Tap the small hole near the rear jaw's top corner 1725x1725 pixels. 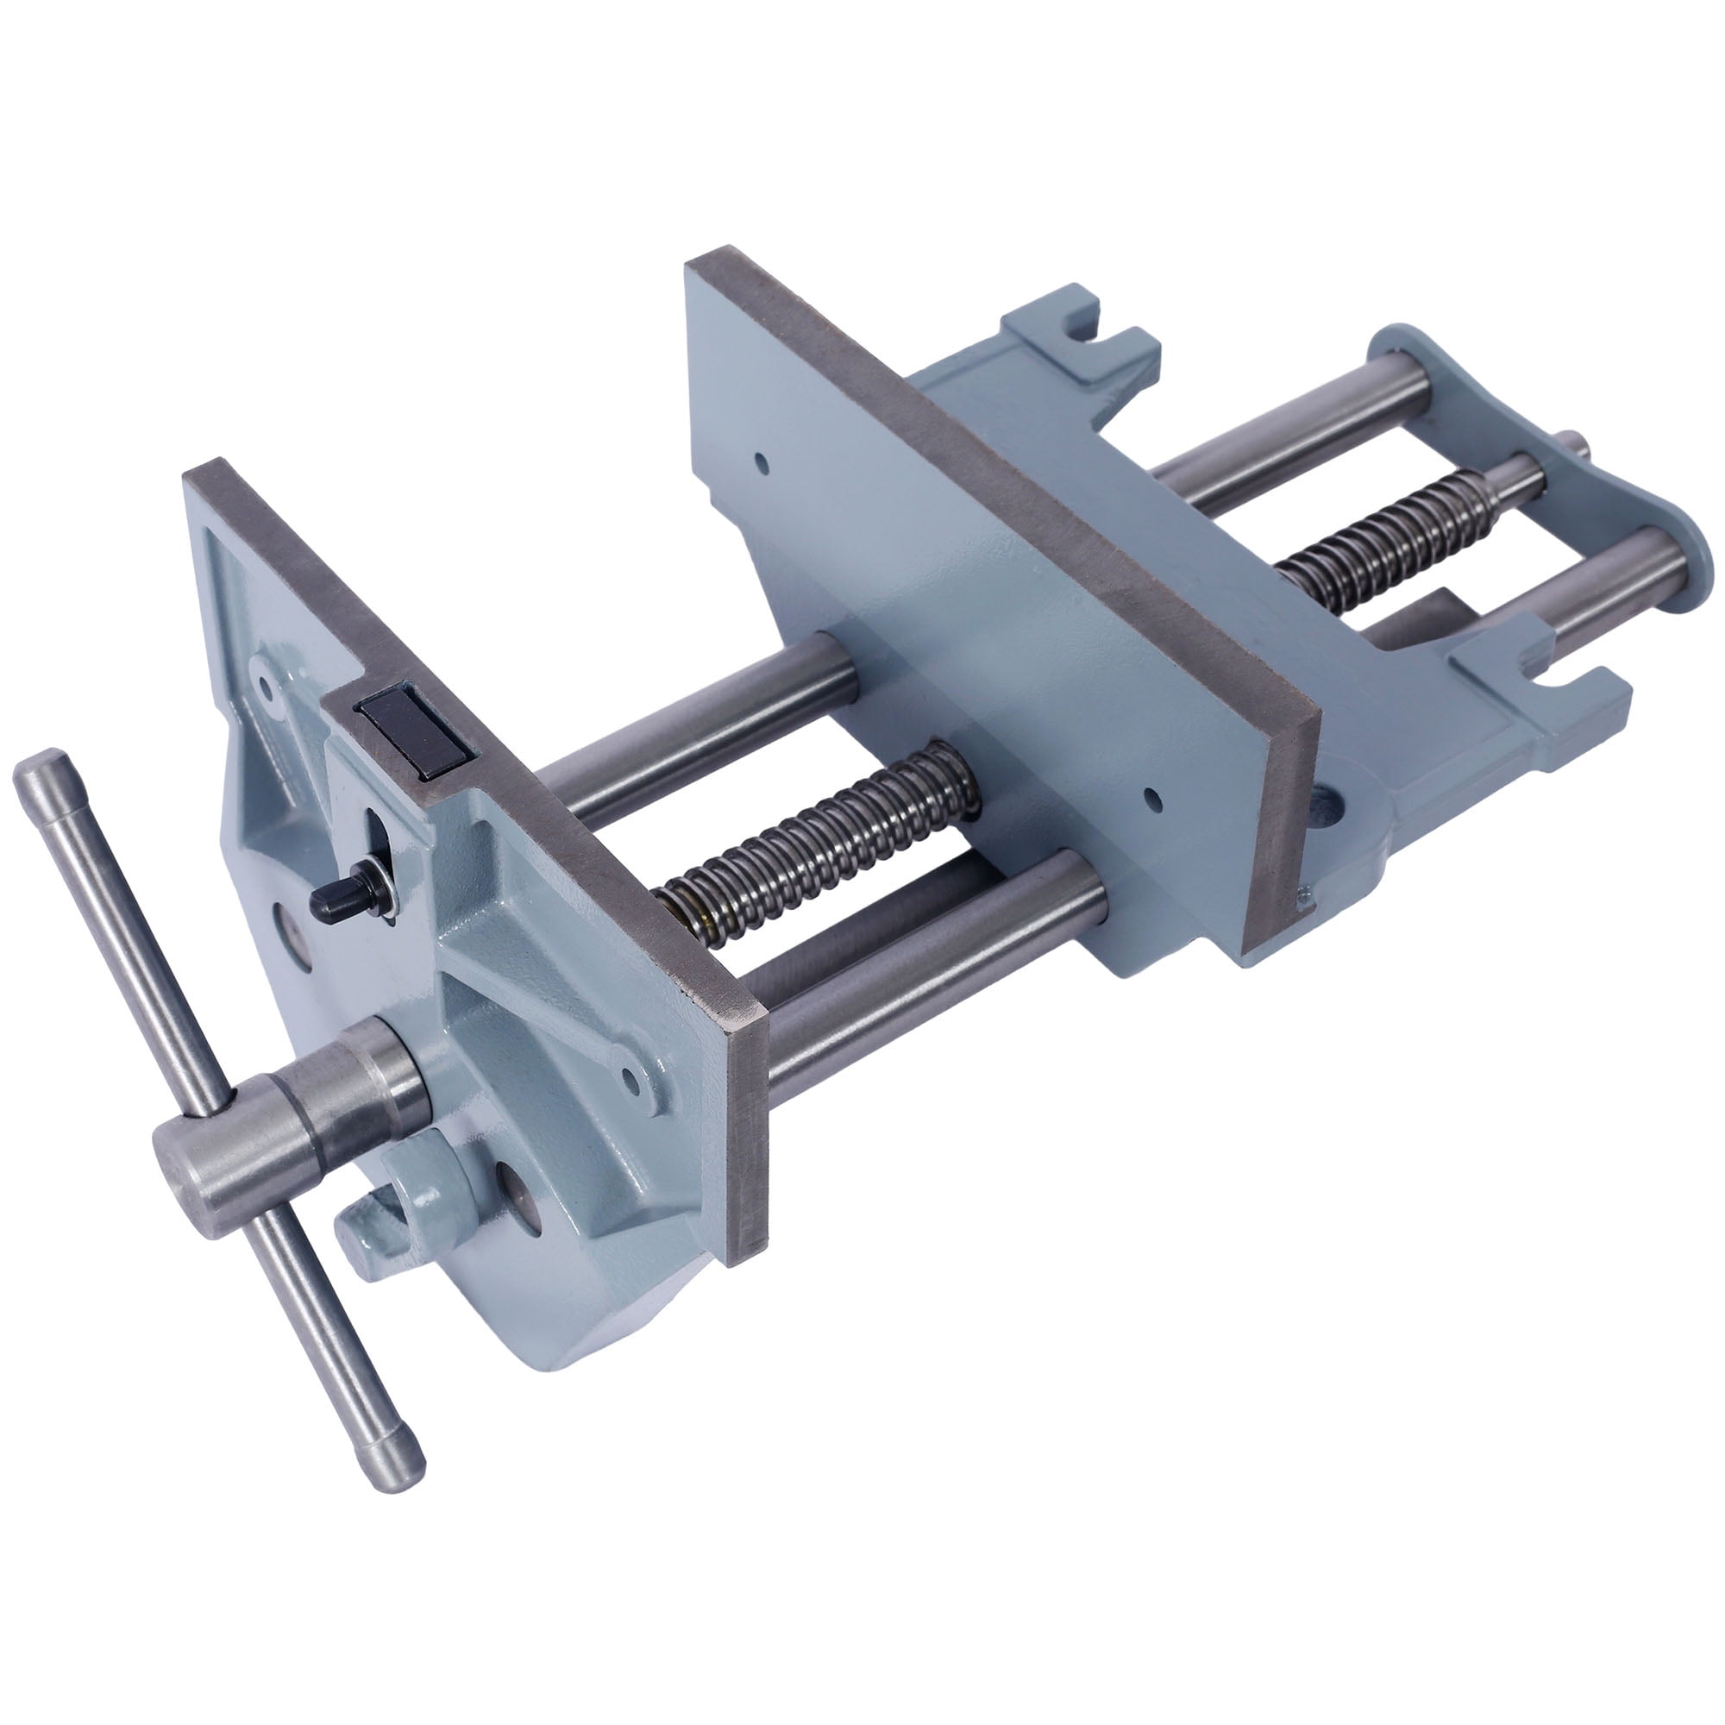760,461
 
